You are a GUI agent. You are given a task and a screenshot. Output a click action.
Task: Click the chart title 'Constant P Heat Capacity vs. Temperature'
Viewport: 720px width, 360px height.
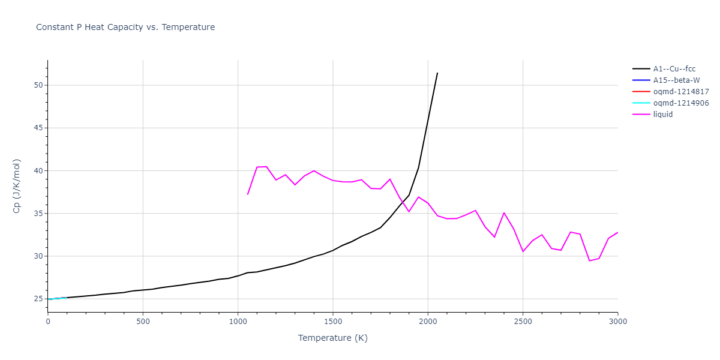click(x=125, y=27)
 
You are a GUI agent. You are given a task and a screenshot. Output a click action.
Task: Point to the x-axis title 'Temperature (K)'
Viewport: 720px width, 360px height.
click(x=332, y=338)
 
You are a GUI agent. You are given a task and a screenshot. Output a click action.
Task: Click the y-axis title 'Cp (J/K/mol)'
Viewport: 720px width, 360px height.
click(x=17, y=186)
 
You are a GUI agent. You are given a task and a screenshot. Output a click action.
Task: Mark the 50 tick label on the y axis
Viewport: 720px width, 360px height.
click(x=39, y=85)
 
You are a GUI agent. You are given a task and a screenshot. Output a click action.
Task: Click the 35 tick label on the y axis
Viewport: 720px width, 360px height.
click(x=39, y=214)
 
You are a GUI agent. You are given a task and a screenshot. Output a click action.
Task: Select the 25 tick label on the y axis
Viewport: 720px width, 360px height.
click(x=39, y=299)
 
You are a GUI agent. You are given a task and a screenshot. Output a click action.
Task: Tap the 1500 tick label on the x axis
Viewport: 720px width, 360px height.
click(x=332, y=322)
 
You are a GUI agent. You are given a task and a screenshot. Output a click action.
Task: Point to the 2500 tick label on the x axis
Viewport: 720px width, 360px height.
click(x=523, y=322)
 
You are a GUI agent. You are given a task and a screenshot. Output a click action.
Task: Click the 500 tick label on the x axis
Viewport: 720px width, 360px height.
click(x=143, y=322)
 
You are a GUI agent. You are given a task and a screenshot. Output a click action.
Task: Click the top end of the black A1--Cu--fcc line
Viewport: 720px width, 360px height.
click(x=437, y=73)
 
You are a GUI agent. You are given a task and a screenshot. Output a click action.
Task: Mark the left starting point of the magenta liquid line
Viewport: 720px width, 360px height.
click(x=247, y=194)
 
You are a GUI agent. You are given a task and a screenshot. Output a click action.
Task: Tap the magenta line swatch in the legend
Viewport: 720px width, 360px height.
click(x=641, y=115)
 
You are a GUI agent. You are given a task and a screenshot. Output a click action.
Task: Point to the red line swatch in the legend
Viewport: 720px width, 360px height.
click(x=641, y=92)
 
